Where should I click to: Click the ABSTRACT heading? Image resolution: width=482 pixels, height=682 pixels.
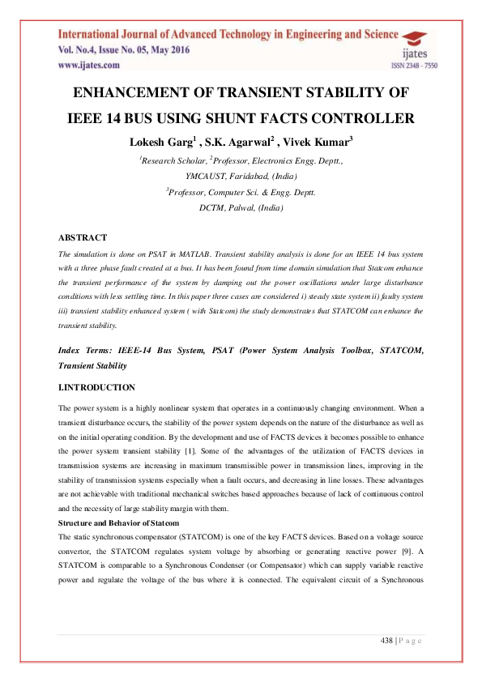point(82,237)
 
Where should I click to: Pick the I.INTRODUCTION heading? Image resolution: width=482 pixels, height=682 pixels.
point(96,388)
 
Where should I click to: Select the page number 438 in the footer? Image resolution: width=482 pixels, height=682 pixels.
point(388,642)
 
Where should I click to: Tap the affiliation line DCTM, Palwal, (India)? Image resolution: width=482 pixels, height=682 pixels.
point(241,207)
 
